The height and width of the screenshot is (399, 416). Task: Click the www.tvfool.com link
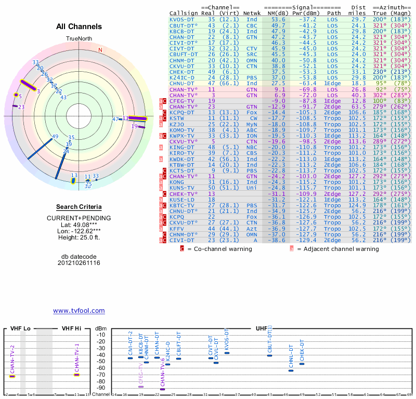[x=79, y=311]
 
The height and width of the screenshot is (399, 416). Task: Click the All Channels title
[x=79, y=26]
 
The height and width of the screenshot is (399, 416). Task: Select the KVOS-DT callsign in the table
[x=183, y=19]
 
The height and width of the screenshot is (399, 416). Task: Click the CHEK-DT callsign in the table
[x=183, y=72]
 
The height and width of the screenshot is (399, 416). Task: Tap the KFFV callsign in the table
[x=177, y=228]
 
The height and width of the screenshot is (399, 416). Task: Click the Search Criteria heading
[x=79, y=207]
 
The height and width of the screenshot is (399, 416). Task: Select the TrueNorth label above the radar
[x=79, y=39]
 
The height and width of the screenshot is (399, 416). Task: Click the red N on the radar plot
[x=100, y=50]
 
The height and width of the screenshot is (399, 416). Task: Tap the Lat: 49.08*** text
[x=79, y=224]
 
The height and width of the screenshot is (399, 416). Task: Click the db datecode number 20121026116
[x=79, y=263]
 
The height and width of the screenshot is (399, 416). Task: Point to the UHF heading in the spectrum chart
[x=261, y=329]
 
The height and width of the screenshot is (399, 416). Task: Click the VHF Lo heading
[x=20, y=329]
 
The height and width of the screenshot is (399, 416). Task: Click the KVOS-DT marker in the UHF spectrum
[x=227, y=353]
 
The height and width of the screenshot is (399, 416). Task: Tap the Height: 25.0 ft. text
[x=79, y=238]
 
